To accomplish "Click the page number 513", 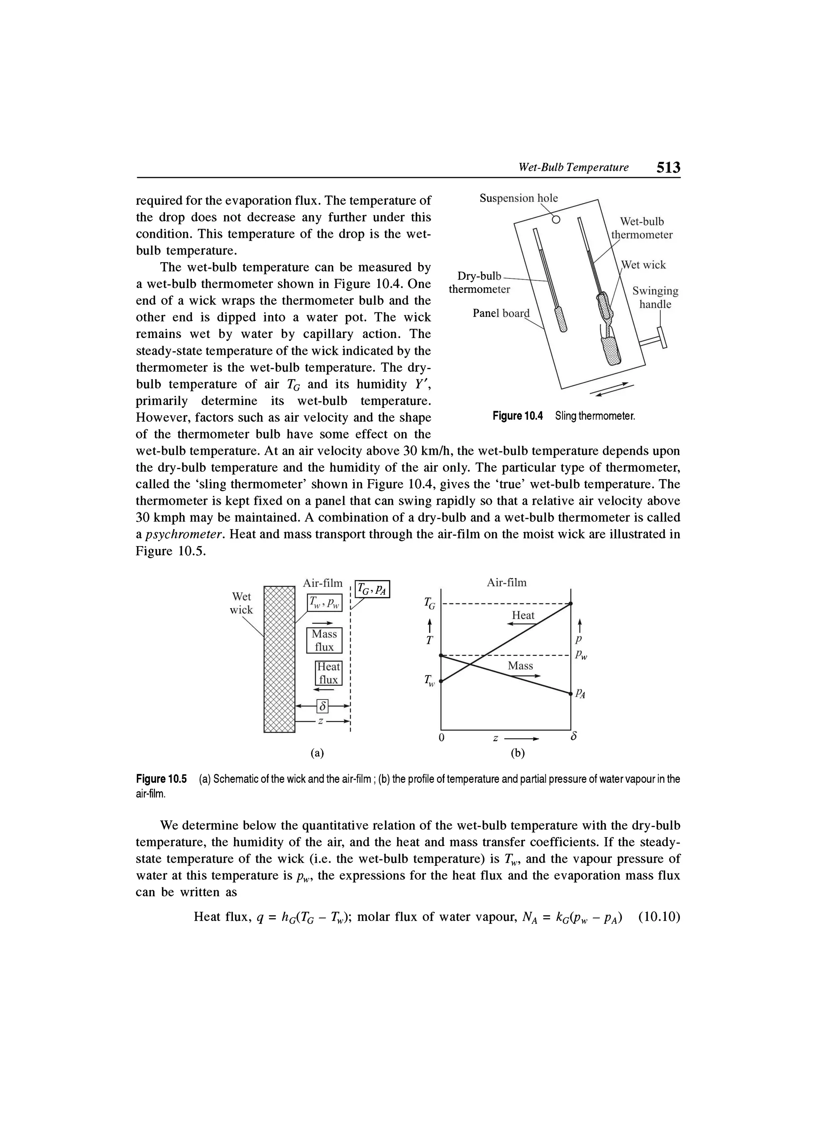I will click(x=668, y=168).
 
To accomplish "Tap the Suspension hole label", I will click(x=518, y=198).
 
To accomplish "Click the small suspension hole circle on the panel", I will click(x=555, y=219).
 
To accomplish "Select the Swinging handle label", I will click(x=655, y=297).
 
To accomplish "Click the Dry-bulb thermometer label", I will click(x=479, y=282).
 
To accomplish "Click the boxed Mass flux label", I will click(x=324, y=640).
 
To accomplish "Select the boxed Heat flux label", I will click(x=328, y=673).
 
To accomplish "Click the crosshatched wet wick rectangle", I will click(x=279, y=659).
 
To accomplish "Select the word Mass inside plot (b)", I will click(x=520, y=666).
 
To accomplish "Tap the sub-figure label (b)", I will click(x=517, y=753).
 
